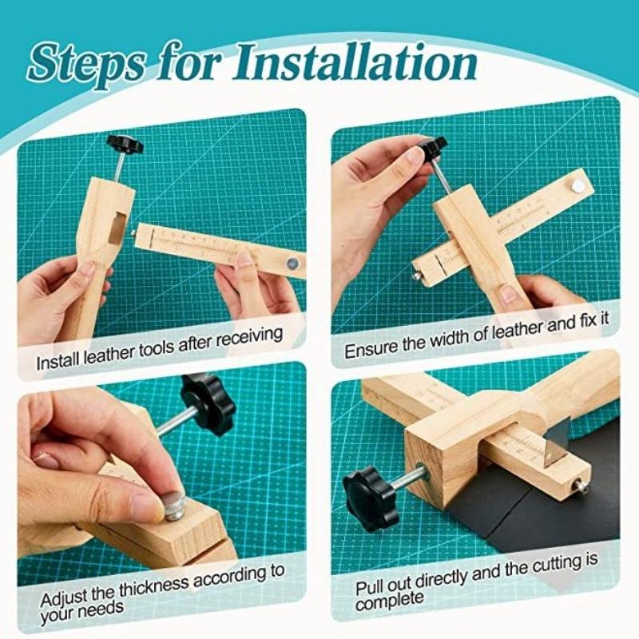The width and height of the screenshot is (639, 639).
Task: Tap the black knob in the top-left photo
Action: point(125,145)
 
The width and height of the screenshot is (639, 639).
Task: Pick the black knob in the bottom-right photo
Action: point(370,494)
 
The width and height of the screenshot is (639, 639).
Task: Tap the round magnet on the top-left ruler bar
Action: point(292,263)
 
